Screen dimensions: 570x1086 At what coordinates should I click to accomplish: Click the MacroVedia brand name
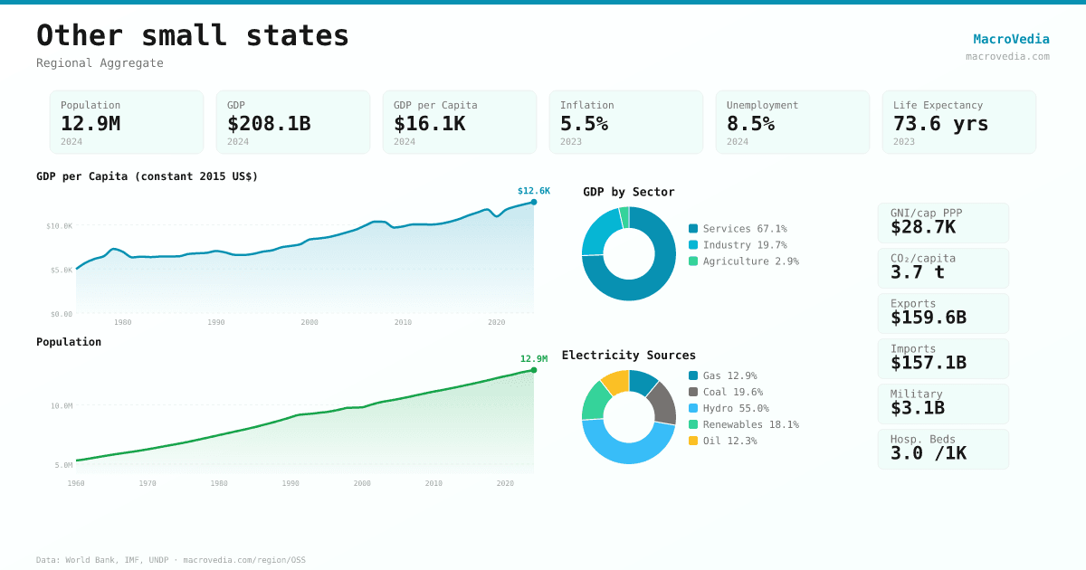coord(1011,39)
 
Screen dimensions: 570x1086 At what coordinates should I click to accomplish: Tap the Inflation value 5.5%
coord(584,123)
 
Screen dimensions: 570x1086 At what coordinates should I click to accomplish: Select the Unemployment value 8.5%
coord(750,123)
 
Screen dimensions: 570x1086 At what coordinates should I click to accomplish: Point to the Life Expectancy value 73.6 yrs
coord(940,123)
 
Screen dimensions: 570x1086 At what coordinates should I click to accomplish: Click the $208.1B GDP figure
coord(269,123)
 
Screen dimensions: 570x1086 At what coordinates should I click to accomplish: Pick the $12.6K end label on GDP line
coord(533,191)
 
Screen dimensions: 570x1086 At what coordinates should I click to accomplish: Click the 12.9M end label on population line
coord(533,359)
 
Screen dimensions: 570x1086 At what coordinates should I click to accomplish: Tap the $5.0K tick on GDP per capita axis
coord(59,270)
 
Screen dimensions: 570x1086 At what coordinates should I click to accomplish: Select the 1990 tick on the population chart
coord(291,483)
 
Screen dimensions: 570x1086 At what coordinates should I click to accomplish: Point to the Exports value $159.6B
coord(928,318)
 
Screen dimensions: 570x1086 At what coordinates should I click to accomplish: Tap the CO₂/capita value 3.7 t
coord(917,272)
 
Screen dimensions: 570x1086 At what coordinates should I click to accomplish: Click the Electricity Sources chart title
coord(628,355)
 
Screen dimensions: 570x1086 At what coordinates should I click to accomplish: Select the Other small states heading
coord(193,35)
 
